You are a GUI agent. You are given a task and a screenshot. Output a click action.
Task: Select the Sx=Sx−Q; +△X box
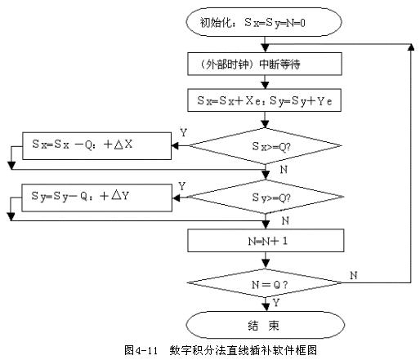(x=96, y=147)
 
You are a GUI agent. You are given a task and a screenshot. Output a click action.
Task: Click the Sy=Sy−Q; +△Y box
(x=96, y=196)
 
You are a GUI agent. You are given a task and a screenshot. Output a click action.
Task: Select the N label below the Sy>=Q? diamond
(x=283, y=220)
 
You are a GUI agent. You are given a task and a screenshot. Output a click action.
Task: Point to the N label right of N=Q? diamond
(x=353, y=276)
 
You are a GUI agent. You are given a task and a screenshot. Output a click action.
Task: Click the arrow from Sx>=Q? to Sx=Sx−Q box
(x=181, y=148)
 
